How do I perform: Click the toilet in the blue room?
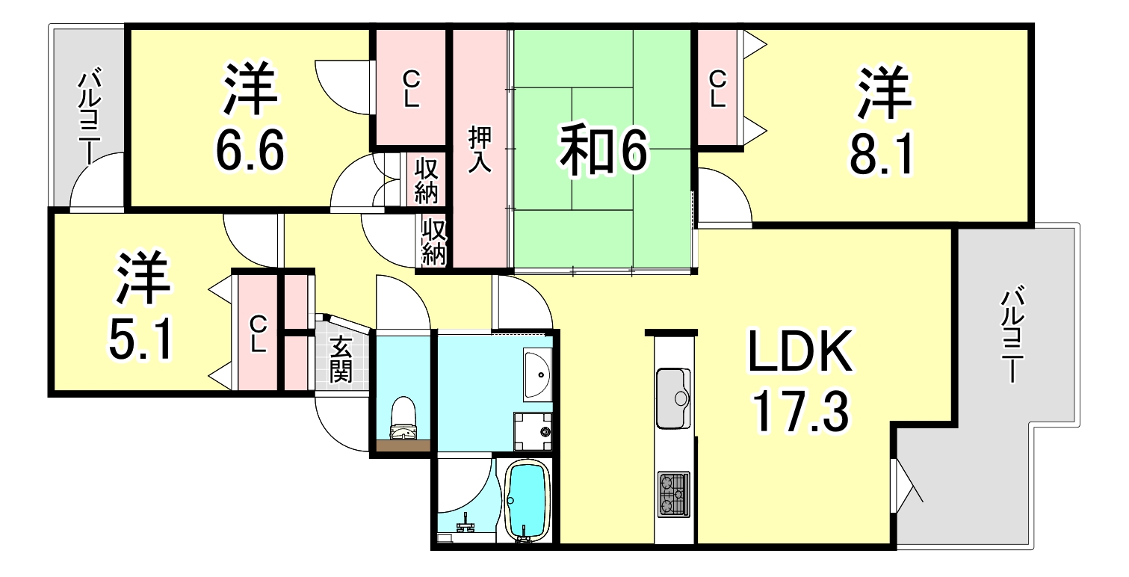(403, 418)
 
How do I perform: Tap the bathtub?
(527, 502)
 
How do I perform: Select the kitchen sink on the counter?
(673, 398)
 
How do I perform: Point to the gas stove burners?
(674, 494)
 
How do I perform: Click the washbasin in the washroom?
(538, 374)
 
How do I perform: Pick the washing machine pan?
(533, 432)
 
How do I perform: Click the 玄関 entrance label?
(341, 359)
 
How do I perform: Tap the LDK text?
(800, 351)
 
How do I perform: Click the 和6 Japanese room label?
(603, 149)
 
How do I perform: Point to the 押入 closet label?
(480, 149)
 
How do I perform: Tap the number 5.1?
(141, 338)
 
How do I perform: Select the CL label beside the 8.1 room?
(718, 89)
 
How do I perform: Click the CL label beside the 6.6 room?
(411, 89)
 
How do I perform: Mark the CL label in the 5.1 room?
(258, 334)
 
